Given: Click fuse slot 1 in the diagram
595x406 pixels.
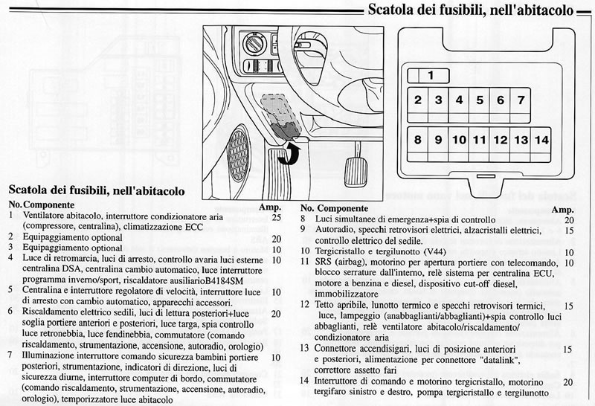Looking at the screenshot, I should click(x=431, y=75).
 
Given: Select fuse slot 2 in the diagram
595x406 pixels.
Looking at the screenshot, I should click(x=419, y=100).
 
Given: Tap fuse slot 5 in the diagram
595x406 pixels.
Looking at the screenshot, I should click(x=480, y=100).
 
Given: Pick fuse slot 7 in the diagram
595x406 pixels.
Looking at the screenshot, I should click(x=521, y=100).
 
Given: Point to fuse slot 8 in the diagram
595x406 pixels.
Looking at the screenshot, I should click(x=419, y=140).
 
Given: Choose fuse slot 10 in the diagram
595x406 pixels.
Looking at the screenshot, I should click(x=459, y=140).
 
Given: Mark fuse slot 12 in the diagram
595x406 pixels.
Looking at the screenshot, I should click(x=501, y=140).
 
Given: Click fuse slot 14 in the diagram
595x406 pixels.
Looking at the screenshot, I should click(x=541, y=140).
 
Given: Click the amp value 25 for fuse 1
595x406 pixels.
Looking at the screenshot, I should click(x=276, y=219).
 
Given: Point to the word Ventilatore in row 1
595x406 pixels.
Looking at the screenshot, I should click(x=45, y=216).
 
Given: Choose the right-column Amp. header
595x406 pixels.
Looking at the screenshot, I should click(x=563, y=210).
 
